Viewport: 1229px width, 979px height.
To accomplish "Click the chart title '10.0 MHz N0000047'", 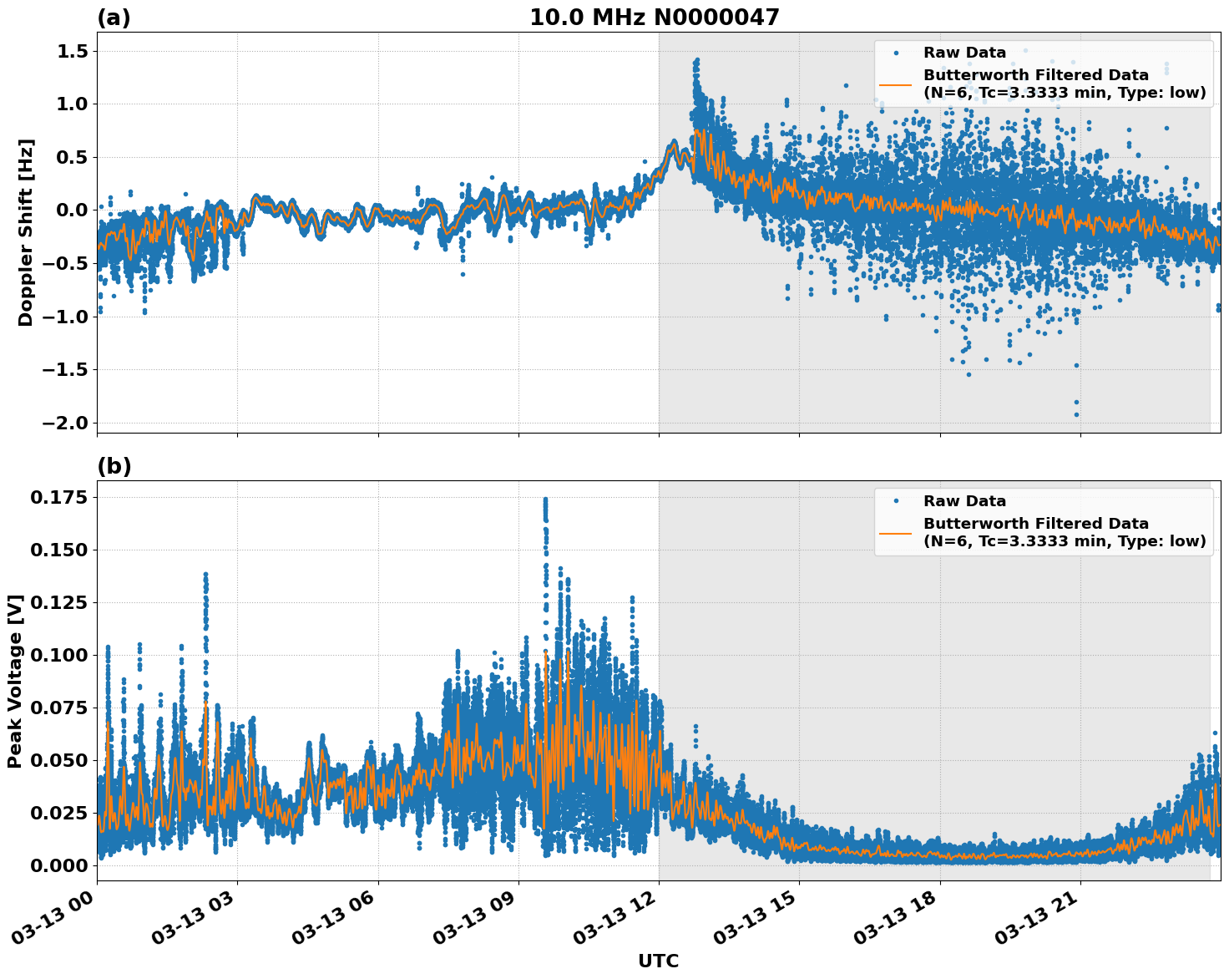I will coord(654,18).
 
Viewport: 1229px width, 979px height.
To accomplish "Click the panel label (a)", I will coord(114,18).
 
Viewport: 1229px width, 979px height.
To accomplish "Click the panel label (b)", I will coord(114,466).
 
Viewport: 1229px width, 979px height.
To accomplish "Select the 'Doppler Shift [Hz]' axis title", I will coord(26,232).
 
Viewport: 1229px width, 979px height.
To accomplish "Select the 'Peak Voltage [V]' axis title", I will coord(14,681).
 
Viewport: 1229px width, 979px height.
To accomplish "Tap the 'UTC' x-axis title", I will coord(658,961).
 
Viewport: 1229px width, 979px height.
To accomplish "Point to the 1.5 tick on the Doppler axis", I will coord(73,52).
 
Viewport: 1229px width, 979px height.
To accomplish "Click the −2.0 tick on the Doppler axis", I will coord(67,423).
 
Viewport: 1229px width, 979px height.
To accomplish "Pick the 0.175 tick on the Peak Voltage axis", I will coord(60,498).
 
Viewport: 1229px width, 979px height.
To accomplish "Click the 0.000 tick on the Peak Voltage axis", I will coord(60,865).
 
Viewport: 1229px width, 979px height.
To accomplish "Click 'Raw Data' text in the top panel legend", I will coord(964,53).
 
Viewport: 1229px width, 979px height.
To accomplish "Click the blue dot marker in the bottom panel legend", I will coord(895,501).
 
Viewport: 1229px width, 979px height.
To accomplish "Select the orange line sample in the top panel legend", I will coord(895,84).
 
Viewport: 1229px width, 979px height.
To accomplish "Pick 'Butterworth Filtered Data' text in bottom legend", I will coord(1035,524).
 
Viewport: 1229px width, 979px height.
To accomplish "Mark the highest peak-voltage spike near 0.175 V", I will coord(545,500).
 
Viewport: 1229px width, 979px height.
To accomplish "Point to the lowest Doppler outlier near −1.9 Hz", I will coord(1076,414).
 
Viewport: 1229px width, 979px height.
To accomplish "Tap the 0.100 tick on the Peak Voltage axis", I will coord(60,655).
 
